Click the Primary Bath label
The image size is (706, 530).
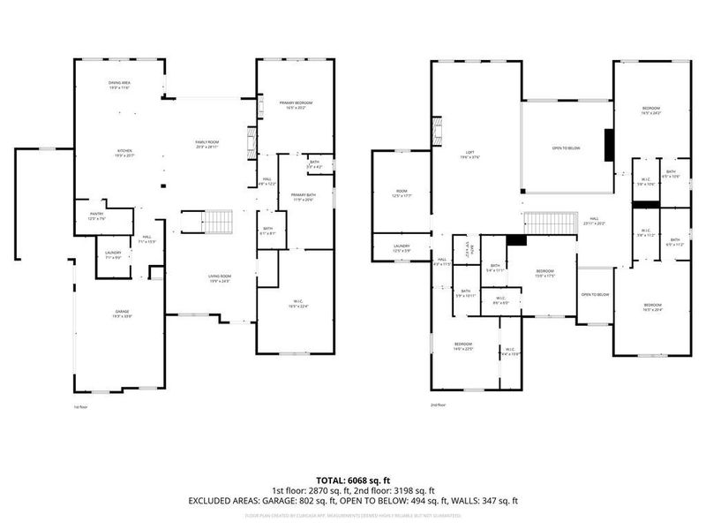[303, 196]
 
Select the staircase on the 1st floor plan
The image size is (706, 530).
[217, 221]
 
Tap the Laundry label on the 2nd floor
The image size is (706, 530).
[401, 249]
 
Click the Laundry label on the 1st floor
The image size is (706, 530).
[113, 254]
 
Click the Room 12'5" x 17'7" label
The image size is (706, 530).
[401, 193]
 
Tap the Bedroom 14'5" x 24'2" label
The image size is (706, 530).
[651, 110]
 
